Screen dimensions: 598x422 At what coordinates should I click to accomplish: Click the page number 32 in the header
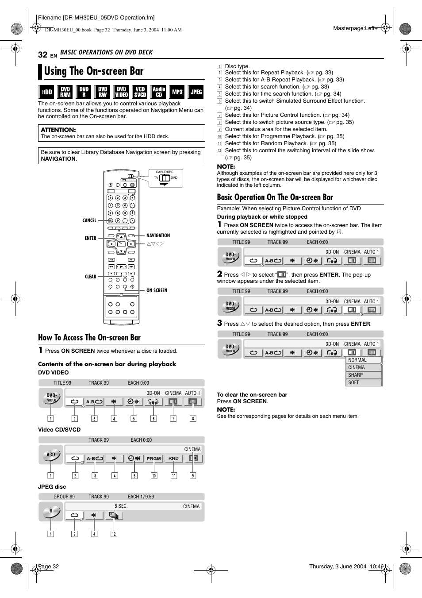click(42, 54)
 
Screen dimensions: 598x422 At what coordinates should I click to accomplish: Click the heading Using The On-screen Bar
click(94, 71)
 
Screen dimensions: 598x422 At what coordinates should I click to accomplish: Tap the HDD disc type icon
click(46, 92)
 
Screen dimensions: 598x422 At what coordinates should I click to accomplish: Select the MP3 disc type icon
click(177, 92)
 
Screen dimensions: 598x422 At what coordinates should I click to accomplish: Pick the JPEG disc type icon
click(196, 92)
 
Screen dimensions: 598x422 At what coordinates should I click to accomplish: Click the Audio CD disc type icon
click(159, 92)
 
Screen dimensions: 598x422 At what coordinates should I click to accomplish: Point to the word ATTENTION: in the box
click(58, 130)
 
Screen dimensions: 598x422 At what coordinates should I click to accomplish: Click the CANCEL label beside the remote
click(89, 220)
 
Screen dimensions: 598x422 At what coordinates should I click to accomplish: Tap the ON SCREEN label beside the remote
click(157, 290)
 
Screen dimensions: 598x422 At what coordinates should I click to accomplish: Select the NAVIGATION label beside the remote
click(158, 235)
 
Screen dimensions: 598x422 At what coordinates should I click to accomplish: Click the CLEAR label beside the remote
click(90, 277)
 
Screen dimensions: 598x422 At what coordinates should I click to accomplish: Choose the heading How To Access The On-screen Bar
click(89, 338)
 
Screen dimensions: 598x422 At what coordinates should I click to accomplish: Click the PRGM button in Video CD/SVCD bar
click(153, 459)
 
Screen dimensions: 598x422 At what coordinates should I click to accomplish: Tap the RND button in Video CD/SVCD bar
click(173, 459)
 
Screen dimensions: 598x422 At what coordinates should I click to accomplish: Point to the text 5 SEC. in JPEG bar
click(121, 506)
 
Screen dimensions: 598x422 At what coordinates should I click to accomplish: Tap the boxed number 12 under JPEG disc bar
click(114, 534)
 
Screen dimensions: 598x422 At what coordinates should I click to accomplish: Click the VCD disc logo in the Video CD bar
click(51, 455)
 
